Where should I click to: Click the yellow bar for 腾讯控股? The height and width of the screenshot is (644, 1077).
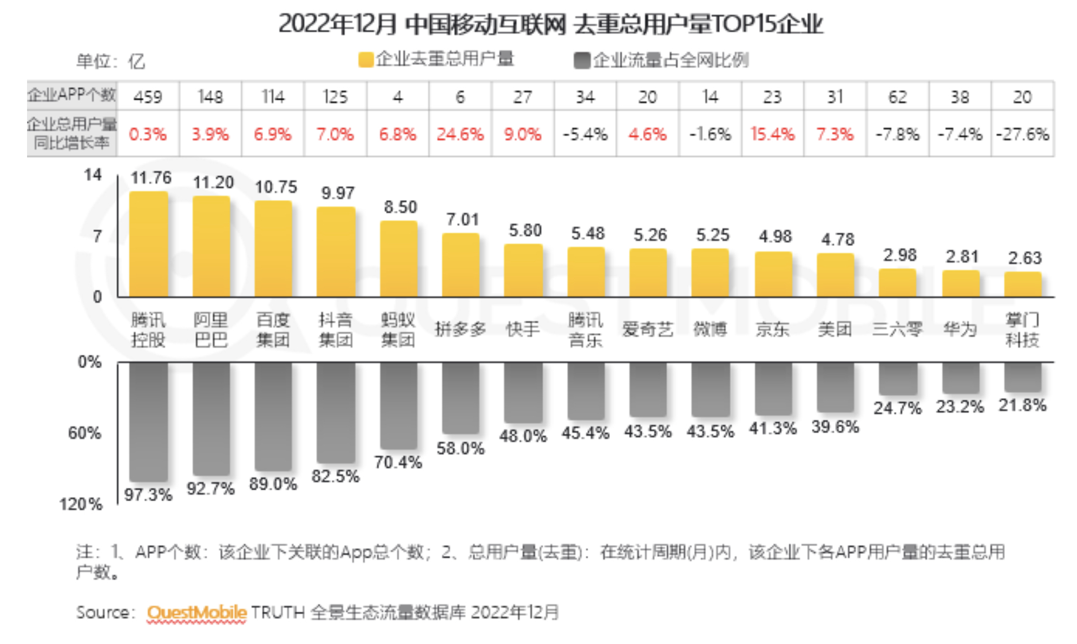click(x=148, y=244)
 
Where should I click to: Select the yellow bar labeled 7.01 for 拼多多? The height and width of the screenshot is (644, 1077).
click(x=461, y=265)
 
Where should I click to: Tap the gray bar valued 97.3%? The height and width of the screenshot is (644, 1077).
click(x=148, y=421)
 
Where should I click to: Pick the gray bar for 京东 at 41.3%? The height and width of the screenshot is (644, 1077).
click(x=773, y=389)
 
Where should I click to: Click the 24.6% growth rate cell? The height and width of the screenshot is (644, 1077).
click(x=460, y=134)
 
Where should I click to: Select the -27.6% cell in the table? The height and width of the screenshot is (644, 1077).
click(x=1022, y=134)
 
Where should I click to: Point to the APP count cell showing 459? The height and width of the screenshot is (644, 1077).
click(x=148, y=97)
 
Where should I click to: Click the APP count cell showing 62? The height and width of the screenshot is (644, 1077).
click(x=897, y=97)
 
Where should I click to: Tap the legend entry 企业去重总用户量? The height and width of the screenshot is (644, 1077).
click(x=436, y=59)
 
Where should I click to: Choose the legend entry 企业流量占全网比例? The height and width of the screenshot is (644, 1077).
click(x=661, y=60)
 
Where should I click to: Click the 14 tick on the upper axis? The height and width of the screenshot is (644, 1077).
click(x=93, y=175)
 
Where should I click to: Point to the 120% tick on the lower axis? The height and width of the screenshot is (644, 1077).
click(x=81, y=504)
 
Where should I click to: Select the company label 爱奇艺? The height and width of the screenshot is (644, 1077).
click(x=647, y=329)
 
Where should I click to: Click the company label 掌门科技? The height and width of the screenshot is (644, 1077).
click(x=1022, y=330)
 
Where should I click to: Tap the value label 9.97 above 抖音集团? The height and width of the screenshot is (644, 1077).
click(x=338, y=193)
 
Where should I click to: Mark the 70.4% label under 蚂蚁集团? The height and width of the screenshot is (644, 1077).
click(x=398, y=462)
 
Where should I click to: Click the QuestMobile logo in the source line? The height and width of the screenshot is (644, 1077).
click(x=196, y=613)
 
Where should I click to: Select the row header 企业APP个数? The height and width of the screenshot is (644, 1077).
click(x=71, y=96)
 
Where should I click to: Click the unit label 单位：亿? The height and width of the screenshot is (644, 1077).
click(x=110, y=61)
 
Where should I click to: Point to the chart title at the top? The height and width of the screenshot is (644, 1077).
click(x=550, y=24)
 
